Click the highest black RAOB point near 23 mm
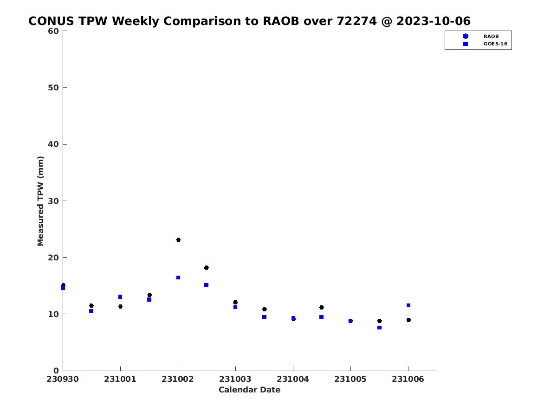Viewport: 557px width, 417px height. tap(178, 240)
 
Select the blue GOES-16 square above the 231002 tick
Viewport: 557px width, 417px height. tap(178, 278)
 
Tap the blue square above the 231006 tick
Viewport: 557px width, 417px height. tap(408, 305)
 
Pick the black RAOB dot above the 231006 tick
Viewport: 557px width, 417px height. tap(408, 320)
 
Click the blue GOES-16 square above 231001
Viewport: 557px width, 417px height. tap(120, 297)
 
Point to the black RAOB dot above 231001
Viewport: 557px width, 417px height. tap(120, 306)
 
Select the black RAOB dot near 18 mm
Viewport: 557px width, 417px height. tap(206, 268)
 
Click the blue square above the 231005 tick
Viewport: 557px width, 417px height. tap(350, 321)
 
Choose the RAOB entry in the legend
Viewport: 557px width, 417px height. tap(491, 37)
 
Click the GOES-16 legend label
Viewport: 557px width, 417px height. tap(495, 44)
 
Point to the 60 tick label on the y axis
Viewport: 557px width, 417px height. tap(53, 31)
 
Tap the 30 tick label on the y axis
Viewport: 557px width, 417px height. tap(53, 201)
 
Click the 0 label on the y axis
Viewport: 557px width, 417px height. tap(56, 371)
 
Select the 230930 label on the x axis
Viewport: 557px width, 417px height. tap(62, 379)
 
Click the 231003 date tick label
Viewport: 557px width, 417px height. tap(235, 379)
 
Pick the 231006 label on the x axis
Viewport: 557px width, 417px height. tap(408, 379)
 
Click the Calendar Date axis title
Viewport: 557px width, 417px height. tap(249, 390)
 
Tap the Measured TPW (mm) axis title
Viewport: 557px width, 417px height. tap(40, 201)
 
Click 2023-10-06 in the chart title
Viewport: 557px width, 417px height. tap(434, 21)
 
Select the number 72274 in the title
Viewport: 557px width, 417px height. tap(357, 21)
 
